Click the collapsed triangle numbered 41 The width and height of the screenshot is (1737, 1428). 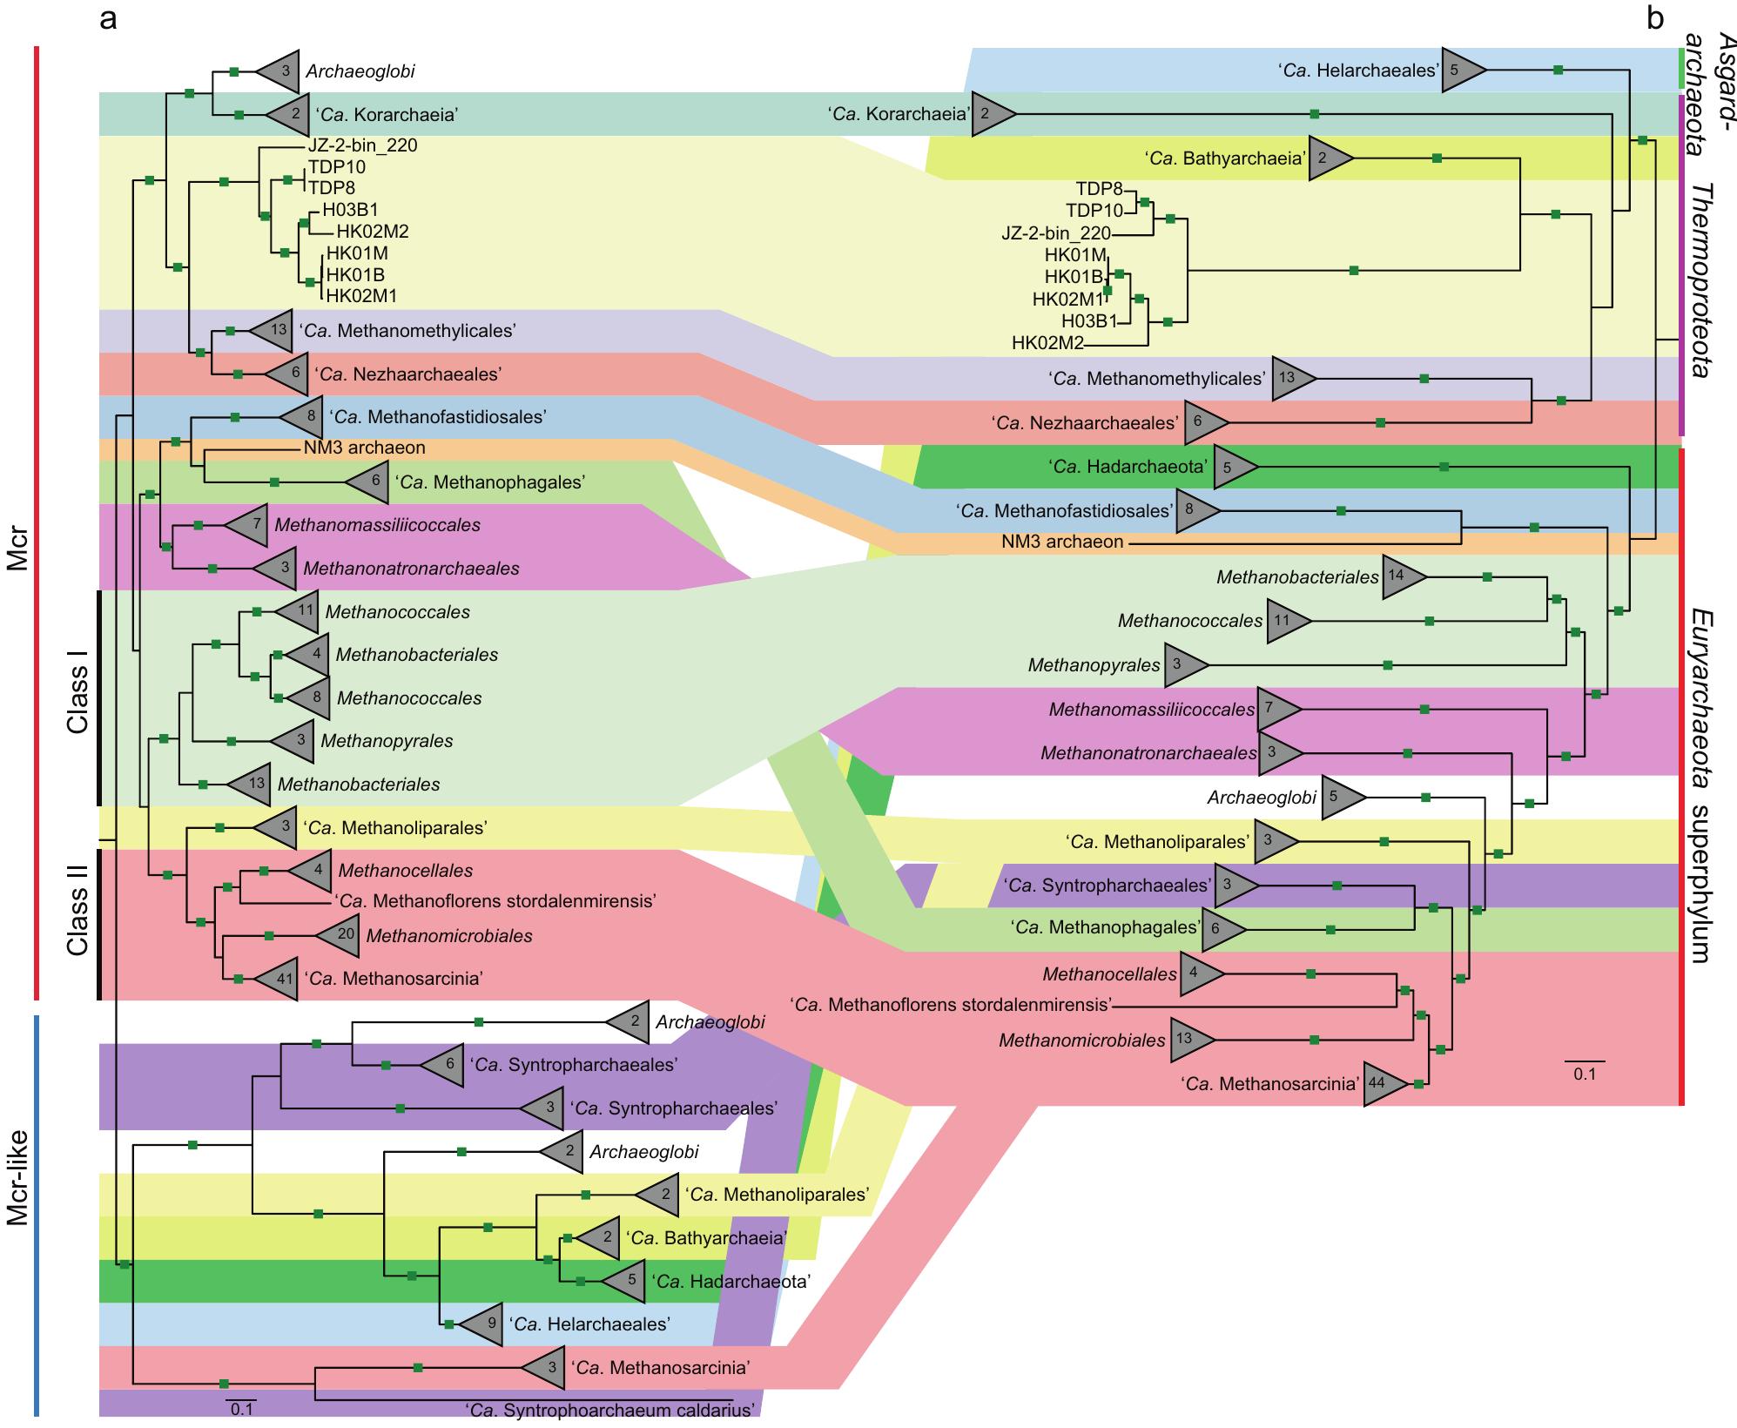click(280, 978)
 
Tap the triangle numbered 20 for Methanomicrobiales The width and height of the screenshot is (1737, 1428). click(340, 936)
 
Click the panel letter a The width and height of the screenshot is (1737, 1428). click(108, 20)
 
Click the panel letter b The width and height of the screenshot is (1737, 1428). click(1655, 20)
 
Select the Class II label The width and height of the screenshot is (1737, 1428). click(77, 922)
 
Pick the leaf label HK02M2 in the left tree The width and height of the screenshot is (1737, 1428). click(372, 232)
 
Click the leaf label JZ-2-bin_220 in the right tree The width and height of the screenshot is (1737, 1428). click(1055, 233)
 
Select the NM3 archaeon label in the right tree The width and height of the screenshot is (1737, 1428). click(1061, 542)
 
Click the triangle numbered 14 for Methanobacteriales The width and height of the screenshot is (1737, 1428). click(1401, 576)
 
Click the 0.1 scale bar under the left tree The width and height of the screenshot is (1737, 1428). click(241, 1406)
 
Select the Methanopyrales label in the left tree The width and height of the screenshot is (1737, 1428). click(387, 741)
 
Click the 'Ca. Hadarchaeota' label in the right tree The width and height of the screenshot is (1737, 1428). click(1129, 467)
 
